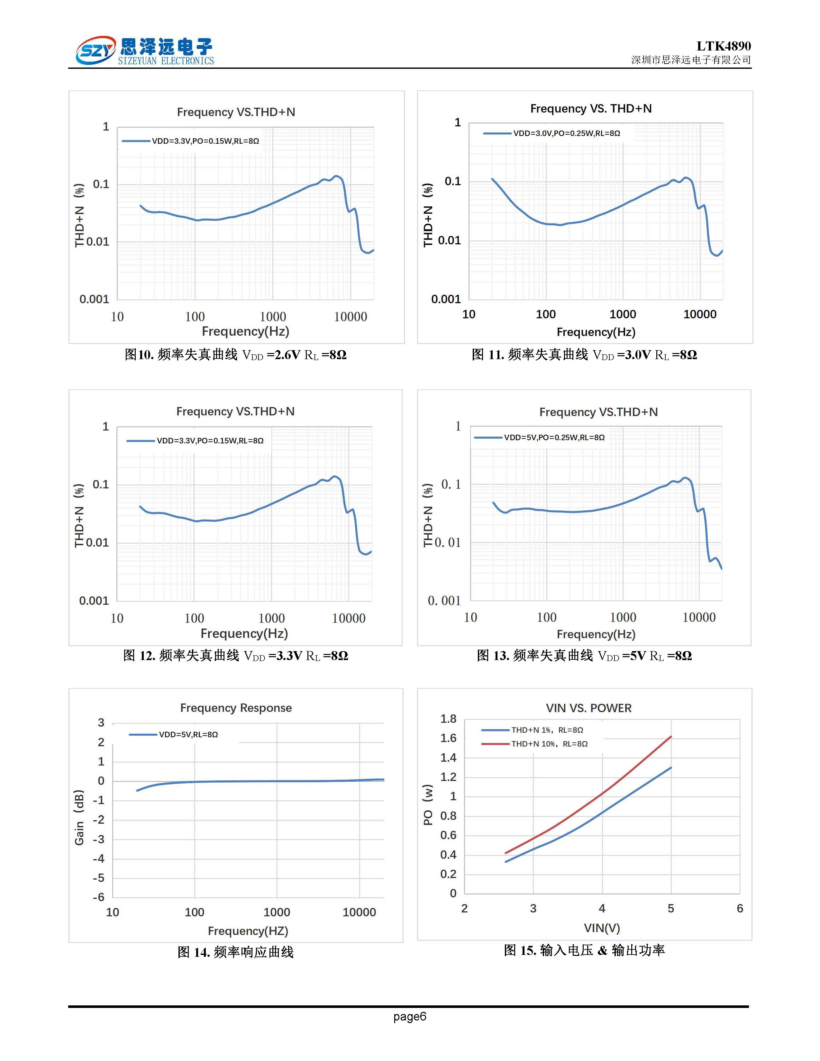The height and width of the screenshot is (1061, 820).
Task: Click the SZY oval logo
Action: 95,50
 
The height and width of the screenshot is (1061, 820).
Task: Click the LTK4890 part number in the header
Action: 723,46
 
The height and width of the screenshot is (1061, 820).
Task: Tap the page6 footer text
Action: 409,1016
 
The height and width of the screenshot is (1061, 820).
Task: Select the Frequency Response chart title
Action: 236,708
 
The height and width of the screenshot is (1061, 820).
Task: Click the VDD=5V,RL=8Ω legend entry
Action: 188,735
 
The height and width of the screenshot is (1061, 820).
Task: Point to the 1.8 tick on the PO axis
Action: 448,719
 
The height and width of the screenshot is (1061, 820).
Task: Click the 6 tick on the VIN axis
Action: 739,909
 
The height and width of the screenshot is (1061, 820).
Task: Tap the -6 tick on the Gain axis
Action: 99,897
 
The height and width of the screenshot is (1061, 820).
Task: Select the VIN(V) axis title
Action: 601,929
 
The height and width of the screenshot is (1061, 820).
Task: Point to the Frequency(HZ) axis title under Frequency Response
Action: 248,931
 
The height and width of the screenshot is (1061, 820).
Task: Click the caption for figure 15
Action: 584,950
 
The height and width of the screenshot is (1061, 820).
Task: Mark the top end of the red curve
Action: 671,737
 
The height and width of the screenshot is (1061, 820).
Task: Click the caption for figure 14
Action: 236,952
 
